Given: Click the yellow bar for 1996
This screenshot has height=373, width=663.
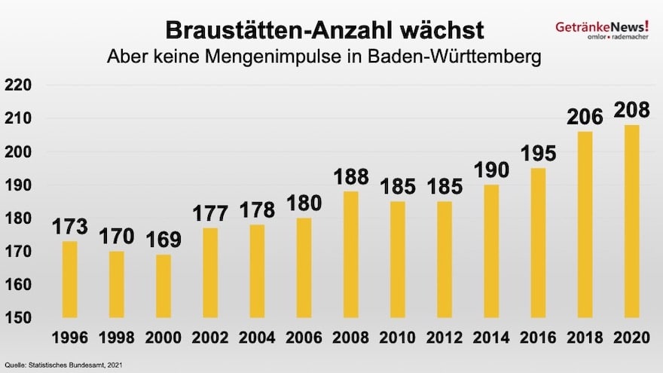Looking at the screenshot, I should coord(69,279).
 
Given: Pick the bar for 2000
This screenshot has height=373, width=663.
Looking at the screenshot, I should coord(163,286).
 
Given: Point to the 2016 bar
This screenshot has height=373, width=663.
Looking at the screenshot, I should coord(538,242).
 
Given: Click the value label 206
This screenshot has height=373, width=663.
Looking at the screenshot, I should coord(585,117).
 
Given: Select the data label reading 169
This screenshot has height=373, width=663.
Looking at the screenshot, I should coord(163,240).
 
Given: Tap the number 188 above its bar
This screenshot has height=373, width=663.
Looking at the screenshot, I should coord(351,176).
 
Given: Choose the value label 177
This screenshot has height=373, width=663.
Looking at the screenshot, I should coord(210,213).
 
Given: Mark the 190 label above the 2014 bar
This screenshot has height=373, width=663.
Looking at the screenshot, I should coord(491,170).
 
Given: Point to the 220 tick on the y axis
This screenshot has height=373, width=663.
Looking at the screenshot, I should coord(18,85).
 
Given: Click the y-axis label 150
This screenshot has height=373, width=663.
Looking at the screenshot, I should coord(18,318).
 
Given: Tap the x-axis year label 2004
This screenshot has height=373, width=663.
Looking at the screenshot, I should coord(257,338).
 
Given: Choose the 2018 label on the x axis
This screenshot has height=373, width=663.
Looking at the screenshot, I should coord(585,338).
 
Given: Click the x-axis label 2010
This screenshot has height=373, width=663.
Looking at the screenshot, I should coord(398,338).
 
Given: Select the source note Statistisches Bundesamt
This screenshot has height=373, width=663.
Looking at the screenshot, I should coord(63,365).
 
